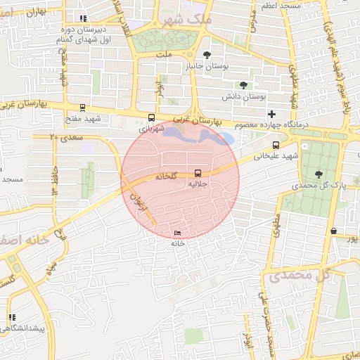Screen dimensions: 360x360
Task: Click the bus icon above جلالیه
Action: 198,172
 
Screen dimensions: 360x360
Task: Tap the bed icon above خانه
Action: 176,233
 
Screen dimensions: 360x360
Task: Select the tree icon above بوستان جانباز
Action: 206,55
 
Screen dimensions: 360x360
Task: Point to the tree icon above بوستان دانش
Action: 243,85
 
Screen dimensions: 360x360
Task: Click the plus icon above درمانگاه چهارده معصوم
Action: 271,114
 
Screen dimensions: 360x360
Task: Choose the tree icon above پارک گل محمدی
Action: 320,174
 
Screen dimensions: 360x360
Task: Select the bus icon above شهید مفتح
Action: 83,108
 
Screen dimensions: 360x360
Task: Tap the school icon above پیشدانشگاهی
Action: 12,318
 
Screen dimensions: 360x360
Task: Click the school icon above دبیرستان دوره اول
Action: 83,19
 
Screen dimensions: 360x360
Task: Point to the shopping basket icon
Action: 333,231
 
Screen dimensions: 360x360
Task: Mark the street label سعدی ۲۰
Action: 63,139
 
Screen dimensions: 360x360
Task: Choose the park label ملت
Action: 164,53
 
